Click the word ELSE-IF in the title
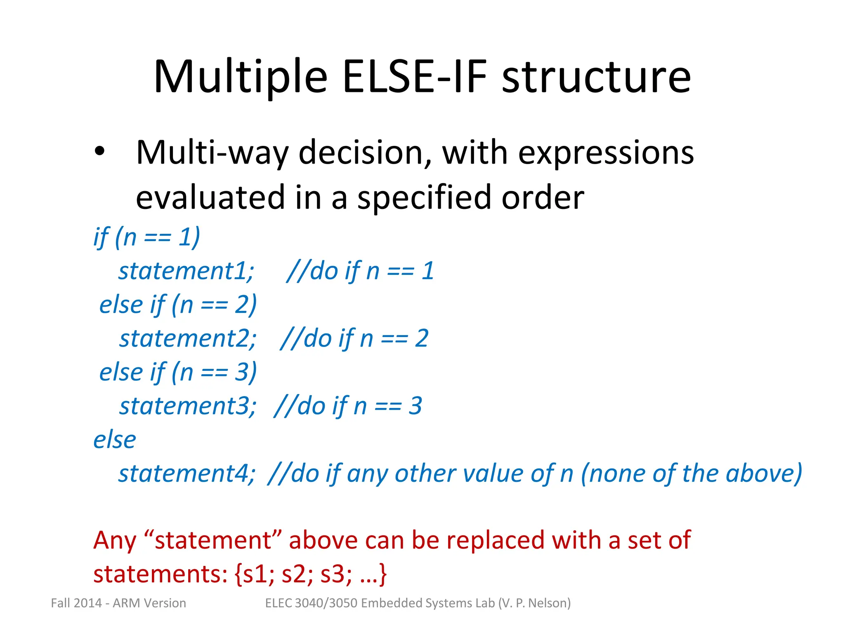coord(414,77)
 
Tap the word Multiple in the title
coord(241,77)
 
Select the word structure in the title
coord(596,77)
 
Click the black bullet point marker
coord(99,152)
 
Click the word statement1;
coord(186,271)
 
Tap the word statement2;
coord(188,339)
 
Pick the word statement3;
coord(188,406)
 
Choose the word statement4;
coord(187,474)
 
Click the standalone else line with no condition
coord(115,440)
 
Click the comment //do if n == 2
coord(354,339)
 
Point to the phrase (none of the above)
coord(692,474)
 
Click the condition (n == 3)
coord(214,373)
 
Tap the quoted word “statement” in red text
coord(213,540)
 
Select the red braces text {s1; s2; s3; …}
coord(310,574)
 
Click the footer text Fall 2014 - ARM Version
coord(118,603)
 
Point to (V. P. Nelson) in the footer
coord(534,603)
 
